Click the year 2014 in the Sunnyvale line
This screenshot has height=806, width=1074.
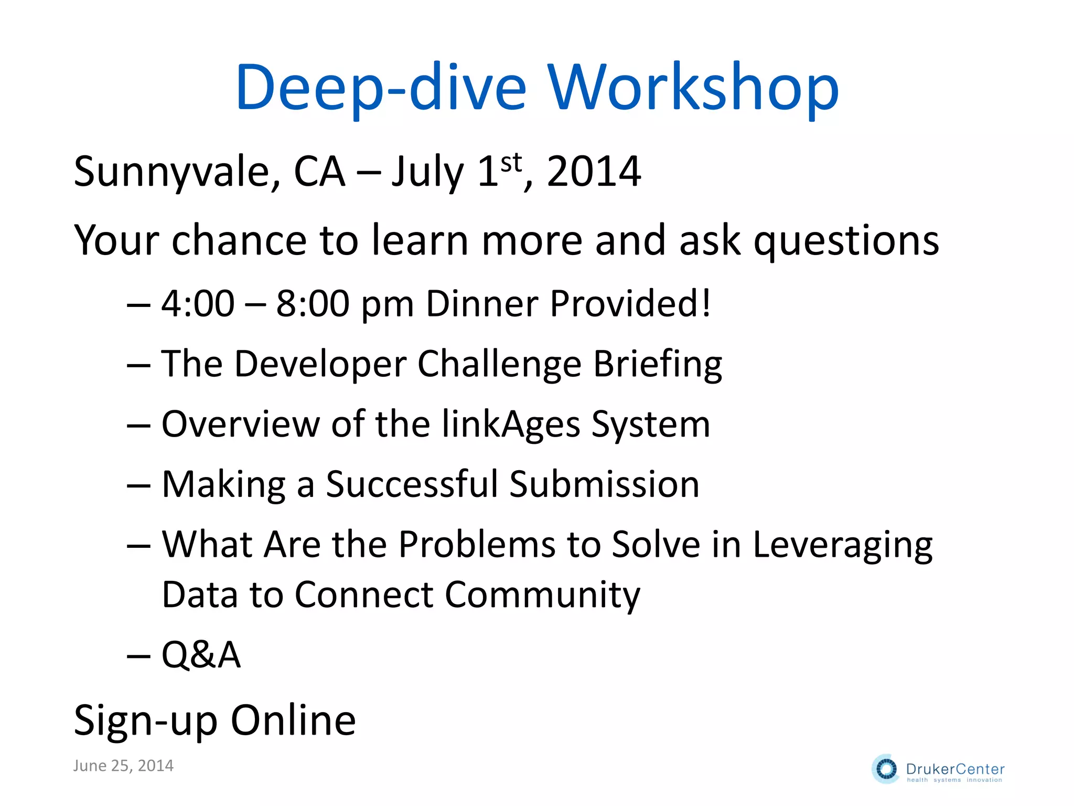coord(594,172)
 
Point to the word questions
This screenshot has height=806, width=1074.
coord(846,241)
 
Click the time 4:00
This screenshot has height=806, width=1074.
coord(198,304)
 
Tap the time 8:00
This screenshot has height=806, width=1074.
coord(313,304)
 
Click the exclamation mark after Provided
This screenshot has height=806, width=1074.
coord(706,304)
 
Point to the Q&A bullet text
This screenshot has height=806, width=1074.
coord(201,655)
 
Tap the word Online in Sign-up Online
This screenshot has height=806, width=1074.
coord(293,721)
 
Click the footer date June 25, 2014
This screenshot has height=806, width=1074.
coord(123,766)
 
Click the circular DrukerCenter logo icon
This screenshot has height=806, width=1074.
coord(886,769)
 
